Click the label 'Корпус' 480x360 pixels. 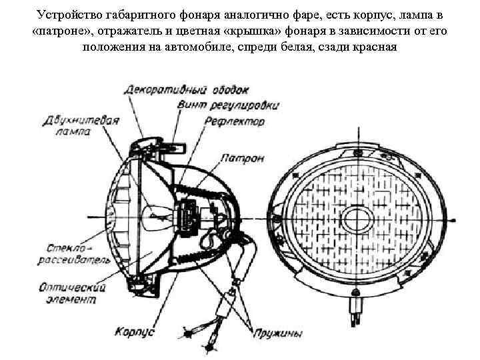(134, 331)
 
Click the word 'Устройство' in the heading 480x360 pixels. (69, 15)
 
